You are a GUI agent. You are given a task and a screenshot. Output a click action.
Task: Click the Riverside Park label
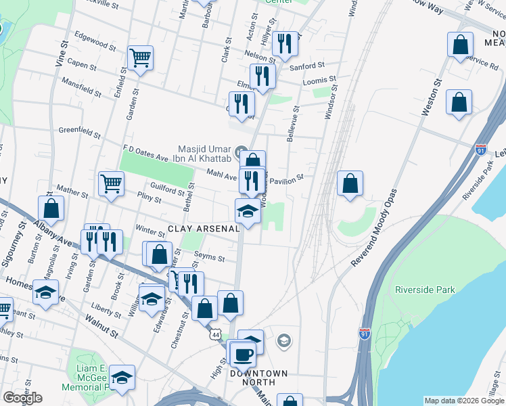pyautogui.click(x=425, y=290)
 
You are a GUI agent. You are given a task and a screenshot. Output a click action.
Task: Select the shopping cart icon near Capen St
pyautogui.click(x=140, y=59)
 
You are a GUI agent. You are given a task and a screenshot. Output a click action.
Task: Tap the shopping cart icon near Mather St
pyautogui.click(x=111, y=183)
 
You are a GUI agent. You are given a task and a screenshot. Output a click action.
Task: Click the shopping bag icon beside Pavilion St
pyautogui.click(x=350, y=183)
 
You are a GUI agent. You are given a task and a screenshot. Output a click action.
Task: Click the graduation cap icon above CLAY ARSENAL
pyautogui.click(x=248, y=212)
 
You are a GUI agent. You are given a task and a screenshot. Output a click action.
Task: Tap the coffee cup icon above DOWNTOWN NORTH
pyautogui.click(x=243, y=353)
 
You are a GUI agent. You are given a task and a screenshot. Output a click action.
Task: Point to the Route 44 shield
pyautogui.click(x=215, y=335)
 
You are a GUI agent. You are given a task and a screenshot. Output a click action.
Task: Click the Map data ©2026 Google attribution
pyautogui.click(x=464, y=401)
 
